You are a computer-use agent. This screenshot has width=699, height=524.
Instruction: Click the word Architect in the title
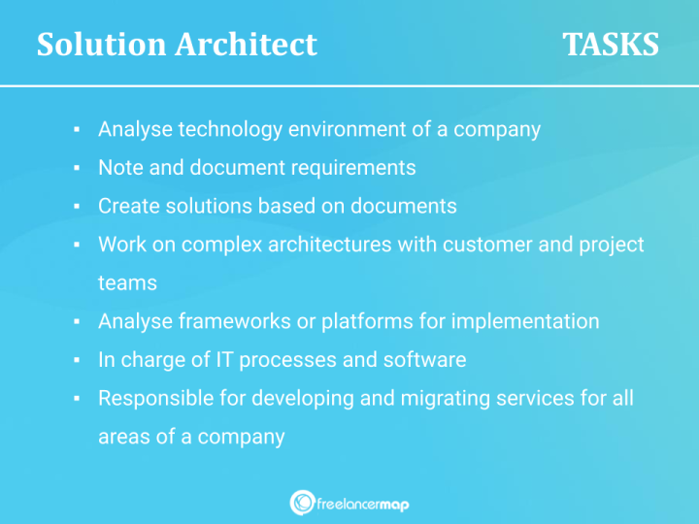248,45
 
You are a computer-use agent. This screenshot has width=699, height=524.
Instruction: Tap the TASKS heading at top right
611,45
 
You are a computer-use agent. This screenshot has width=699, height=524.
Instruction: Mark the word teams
127,282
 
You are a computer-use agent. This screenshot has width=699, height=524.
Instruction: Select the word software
424,360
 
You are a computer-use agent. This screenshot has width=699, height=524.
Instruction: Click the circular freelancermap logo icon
302,503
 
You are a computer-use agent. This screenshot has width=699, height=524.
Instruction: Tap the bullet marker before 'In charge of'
76,361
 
